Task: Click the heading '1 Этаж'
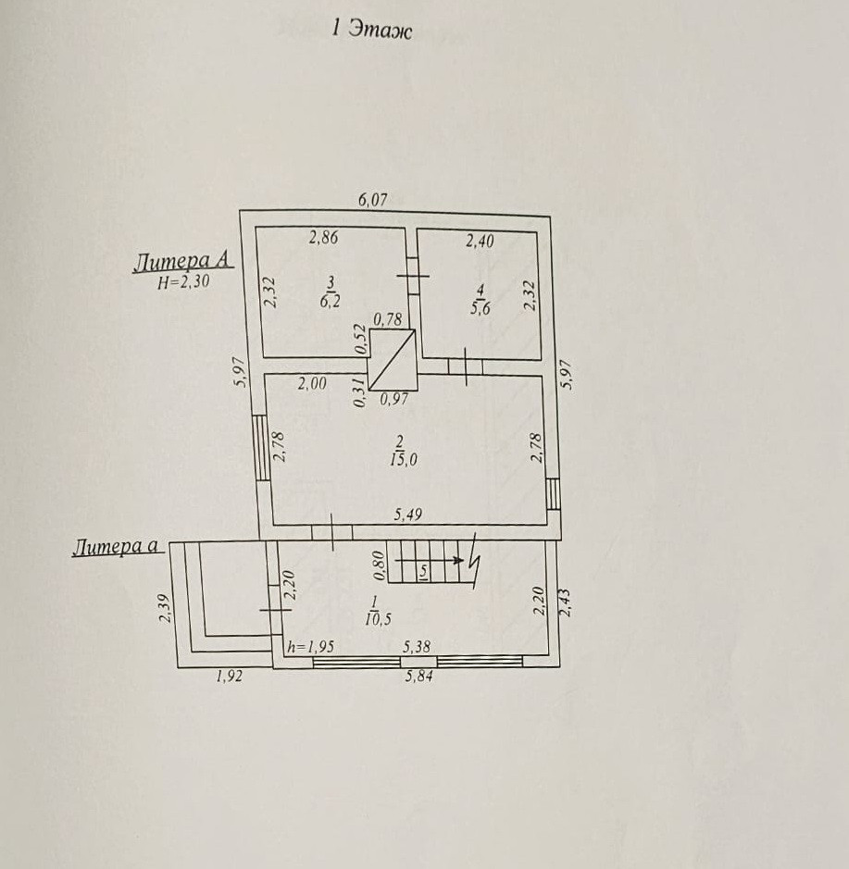(x=371, y=30)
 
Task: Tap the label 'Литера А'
(x=182, y=262)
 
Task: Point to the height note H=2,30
(x=182, y=284)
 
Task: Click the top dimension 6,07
(x=372, y=198)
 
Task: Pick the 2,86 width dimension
(x=323, y=238)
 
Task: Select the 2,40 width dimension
(x=479, y=241)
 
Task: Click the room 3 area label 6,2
(x=329, y=302)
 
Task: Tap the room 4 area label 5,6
(x=479, y=307)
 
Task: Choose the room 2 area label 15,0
(x=403, y=457)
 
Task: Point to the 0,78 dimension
(x=388, y=320)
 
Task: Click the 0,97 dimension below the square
(x=394, y=399)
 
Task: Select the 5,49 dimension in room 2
(x=408, y=515)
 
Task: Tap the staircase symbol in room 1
(x=430, y=564)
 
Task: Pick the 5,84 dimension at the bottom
(x=419, y=677)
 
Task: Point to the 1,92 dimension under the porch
(x=229, y=677)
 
